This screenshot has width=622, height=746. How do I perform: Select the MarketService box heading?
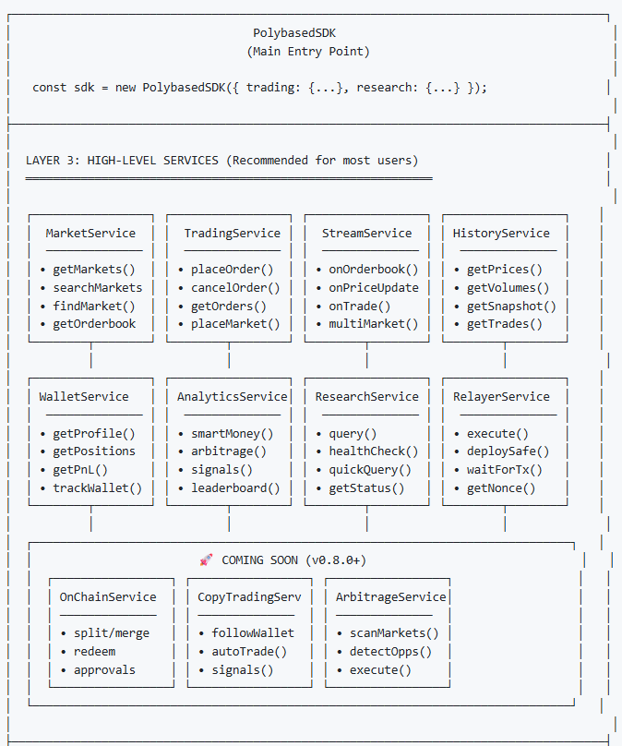coord(90,234)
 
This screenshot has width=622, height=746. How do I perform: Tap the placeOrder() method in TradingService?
coord(232,270)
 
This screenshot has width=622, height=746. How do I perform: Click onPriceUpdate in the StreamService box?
coord(373,288)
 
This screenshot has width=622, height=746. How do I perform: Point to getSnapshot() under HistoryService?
coord(511,306)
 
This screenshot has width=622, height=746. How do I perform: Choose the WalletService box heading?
coord(84,397)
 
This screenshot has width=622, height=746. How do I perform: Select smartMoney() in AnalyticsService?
coord(232,433)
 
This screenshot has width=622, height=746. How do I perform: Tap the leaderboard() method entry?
coord(234,488)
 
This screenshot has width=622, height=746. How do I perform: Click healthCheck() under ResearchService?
coord(373,451)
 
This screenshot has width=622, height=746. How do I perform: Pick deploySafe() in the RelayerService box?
coord(508,451)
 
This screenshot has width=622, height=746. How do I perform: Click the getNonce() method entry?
coord(501,488)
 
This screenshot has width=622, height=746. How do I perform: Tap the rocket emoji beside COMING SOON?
coord(206,560)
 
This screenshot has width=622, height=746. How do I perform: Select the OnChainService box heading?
coord(108,597)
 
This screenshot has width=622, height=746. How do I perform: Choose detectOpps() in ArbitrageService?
coord(390,652)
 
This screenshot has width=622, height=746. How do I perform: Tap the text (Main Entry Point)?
coord(308,52)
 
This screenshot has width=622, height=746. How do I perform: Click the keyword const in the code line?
coord(50,88)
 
